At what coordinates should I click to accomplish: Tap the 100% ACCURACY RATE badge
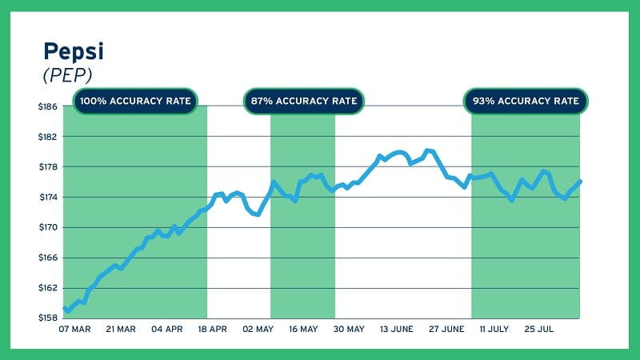pyautogui.click(x=135, y=102)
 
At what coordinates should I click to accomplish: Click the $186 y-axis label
pyautogui.click(x=48, y=106)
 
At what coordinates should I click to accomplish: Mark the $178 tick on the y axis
pyautogui.click(x=48, y=167)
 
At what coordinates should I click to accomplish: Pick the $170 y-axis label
pyautogui.click(x=48, y=227)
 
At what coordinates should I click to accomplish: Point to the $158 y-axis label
pyautogui.click(x=48, y=318)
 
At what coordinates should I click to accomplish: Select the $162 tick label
pyautogui.click(x=48, y=288)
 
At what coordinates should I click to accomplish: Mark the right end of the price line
pyautogui.click(x=580, y=182)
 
